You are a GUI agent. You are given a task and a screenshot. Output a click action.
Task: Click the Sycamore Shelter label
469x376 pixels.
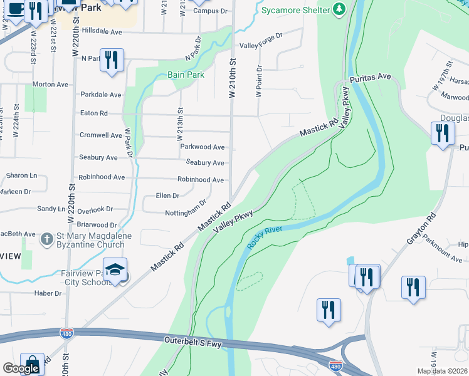click(295, 11)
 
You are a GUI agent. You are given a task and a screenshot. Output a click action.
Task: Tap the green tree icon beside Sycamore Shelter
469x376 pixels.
click(339, 9)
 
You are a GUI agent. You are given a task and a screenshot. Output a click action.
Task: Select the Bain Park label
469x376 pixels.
click(186, 75)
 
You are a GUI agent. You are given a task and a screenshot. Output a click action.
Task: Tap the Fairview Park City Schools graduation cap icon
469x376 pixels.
click(115, 269)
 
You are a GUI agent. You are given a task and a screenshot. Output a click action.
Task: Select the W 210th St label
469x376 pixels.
click(232, 78)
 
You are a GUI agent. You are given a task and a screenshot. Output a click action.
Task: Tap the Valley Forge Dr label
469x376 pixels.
click(261, 45)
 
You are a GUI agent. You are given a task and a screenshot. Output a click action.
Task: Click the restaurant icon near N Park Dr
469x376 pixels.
click(112, 60)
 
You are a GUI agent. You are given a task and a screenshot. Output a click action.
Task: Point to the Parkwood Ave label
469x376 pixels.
click(202, 147)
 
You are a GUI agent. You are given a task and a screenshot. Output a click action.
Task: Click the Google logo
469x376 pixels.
click(21, 368)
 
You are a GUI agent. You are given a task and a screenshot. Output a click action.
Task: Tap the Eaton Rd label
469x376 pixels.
click(94, 113)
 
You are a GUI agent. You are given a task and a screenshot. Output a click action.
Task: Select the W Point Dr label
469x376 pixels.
click(258, 81)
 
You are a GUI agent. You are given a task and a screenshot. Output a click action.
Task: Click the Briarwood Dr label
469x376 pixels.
click(97, 224)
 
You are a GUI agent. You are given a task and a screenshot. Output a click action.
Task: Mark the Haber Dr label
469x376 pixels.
click(48, 293)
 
